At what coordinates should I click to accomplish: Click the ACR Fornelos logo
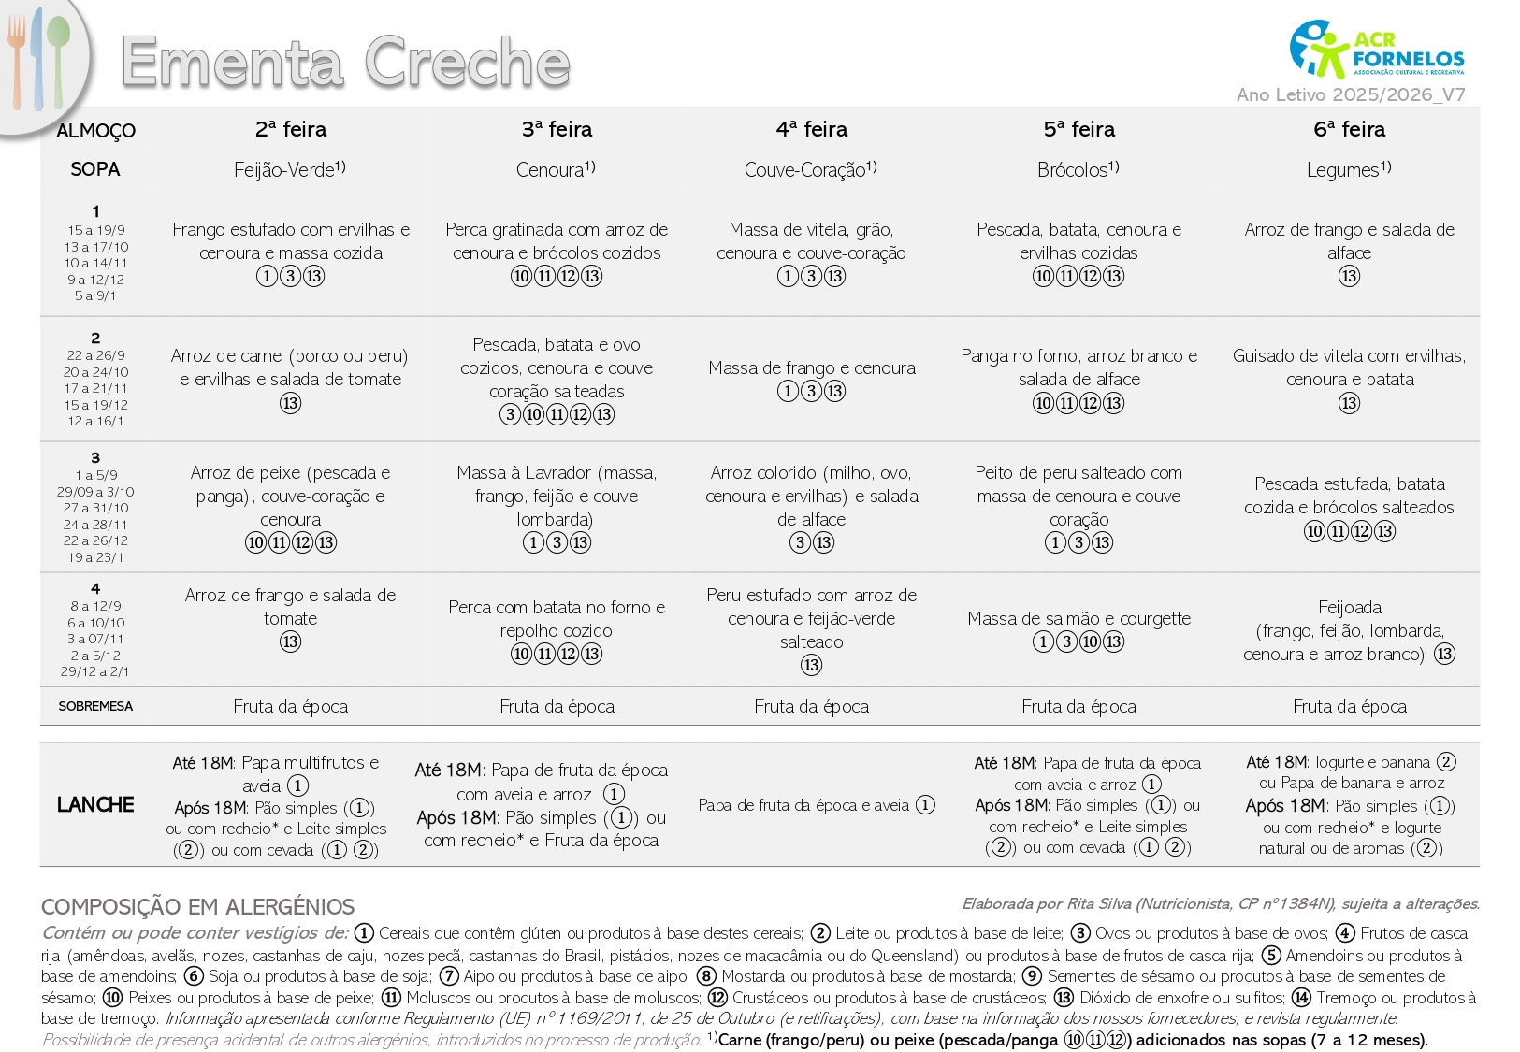[x=1376, y=49]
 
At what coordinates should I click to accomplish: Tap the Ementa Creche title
[x=345, y=62]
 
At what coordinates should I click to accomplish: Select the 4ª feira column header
[x=811, y=129]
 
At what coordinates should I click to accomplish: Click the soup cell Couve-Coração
[x=810, y=169]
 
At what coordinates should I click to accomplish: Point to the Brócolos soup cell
[x=1078, y=169]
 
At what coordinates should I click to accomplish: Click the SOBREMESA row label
[x=95, y=706]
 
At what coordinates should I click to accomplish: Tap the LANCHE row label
[x=95, y=804]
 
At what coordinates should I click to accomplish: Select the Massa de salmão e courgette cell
[x=1078, y=618]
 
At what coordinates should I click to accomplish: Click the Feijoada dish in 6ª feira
[x=1349, y=630]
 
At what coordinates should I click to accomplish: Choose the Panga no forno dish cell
[x=1078, y=367]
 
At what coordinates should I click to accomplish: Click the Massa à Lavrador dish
[x=557, y=496]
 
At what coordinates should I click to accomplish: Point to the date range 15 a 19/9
[x=95, y=230]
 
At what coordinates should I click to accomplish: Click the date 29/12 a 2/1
[x=95, y=671]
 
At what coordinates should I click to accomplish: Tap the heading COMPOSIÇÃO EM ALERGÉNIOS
[x=197, y=906]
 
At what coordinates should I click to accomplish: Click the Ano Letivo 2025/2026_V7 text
[x=1350, y=94]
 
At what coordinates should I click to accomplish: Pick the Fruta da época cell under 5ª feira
[x=1078, y=706]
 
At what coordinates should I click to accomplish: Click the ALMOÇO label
[x=95, y=131]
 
